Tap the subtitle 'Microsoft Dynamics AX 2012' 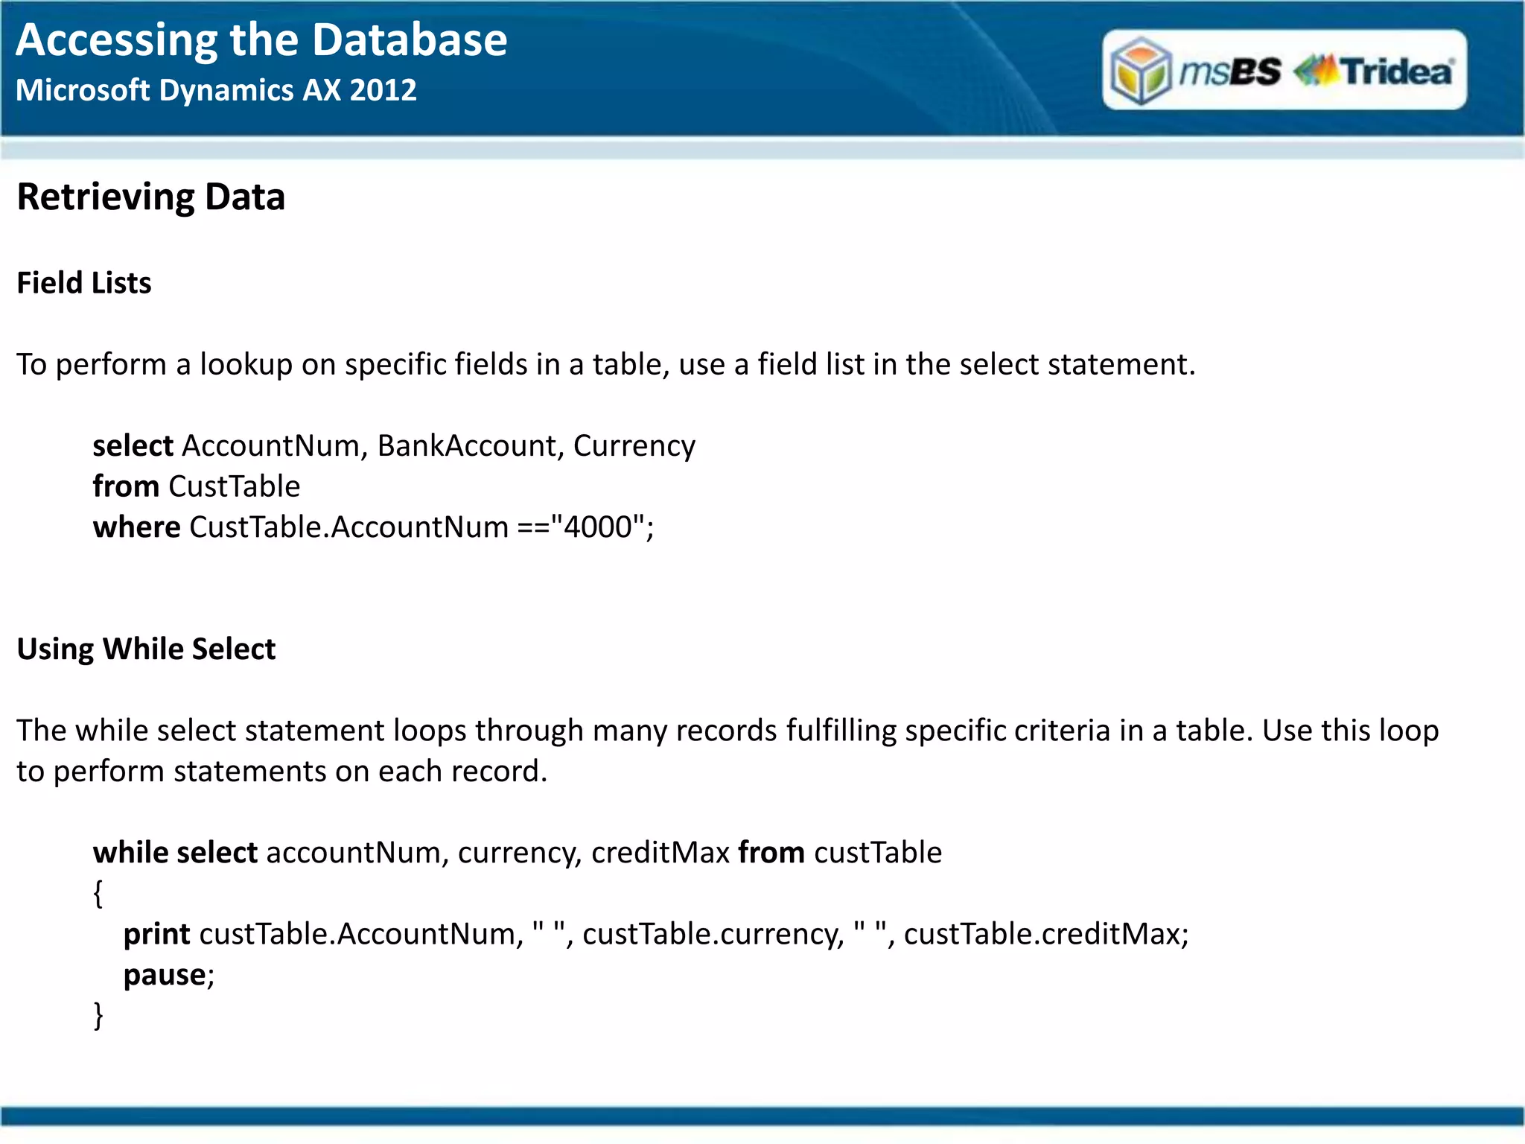pos(216,90)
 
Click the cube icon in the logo pos(1141,71)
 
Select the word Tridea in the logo pos(1397,71)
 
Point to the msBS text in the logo pos(1230,71)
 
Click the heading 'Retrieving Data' pos(151,197)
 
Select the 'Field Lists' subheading pos(84,283)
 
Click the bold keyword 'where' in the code pos(136,527)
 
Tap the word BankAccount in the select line pos(467,446)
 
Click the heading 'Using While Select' pos(146,649)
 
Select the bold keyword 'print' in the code pos(156,934)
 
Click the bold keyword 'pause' pos(165,975)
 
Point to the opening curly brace pos(98,893)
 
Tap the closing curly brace pos(98,1015)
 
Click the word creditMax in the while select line pos(660,853)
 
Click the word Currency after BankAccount pos(634,446)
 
